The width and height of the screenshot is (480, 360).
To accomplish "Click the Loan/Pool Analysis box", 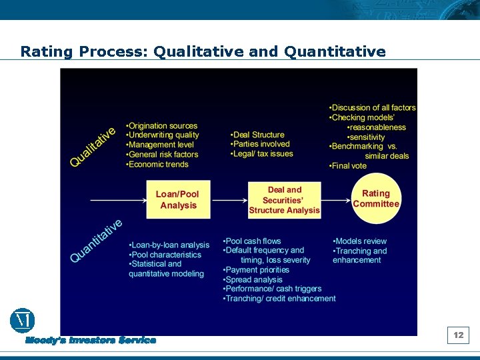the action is click(178, 200).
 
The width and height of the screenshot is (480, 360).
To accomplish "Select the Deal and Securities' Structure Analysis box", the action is click(285, 200).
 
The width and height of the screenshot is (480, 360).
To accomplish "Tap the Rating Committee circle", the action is click(376, 199).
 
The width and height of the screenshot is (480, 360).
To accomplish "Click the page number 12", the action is click(459, 335).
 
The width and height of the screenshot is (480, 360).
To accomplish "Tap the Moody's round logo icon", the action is click(22, 321).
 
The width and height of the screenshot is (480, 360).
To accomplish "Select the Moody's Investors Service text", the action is click(91, 341).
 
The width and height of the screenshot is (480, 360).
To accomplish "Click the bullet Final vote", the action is click(349, 166).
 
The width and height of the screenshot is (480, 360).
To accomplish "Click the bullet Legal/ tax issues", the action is click(262, 153).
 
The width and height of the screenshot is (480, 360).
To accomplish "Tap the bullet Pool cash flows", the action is click(253, 241).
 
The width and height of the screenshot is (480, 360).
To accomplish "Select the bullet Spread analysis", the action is click(253, 280).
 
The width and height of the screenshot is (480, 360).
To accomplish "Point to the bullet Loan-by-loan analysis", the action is click(169, 245).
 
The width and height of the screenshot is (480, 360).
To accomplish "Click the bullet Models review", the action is click(360, 241).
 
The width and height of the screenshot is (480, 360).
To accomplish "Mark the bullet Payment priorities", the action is click(257, 270).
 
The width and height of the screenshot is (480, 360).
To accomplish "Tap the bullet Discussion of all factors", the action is click(373, 108).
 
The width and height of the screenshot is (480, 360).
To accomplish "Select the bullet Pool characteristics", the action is click(165, 255).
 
